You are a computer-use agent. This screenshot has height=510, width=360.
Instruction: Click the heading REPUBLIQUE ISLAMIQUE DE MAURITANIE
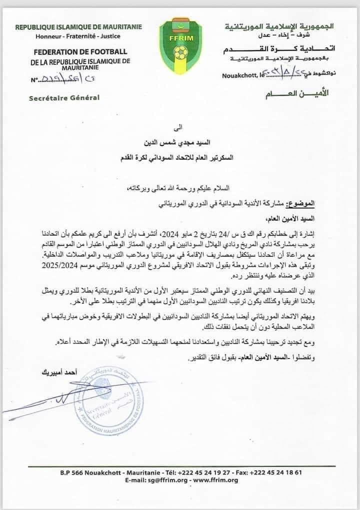coord(78,26)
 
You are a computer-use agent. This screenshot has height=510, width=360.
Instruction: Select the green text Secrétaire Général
coord(64,97)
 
